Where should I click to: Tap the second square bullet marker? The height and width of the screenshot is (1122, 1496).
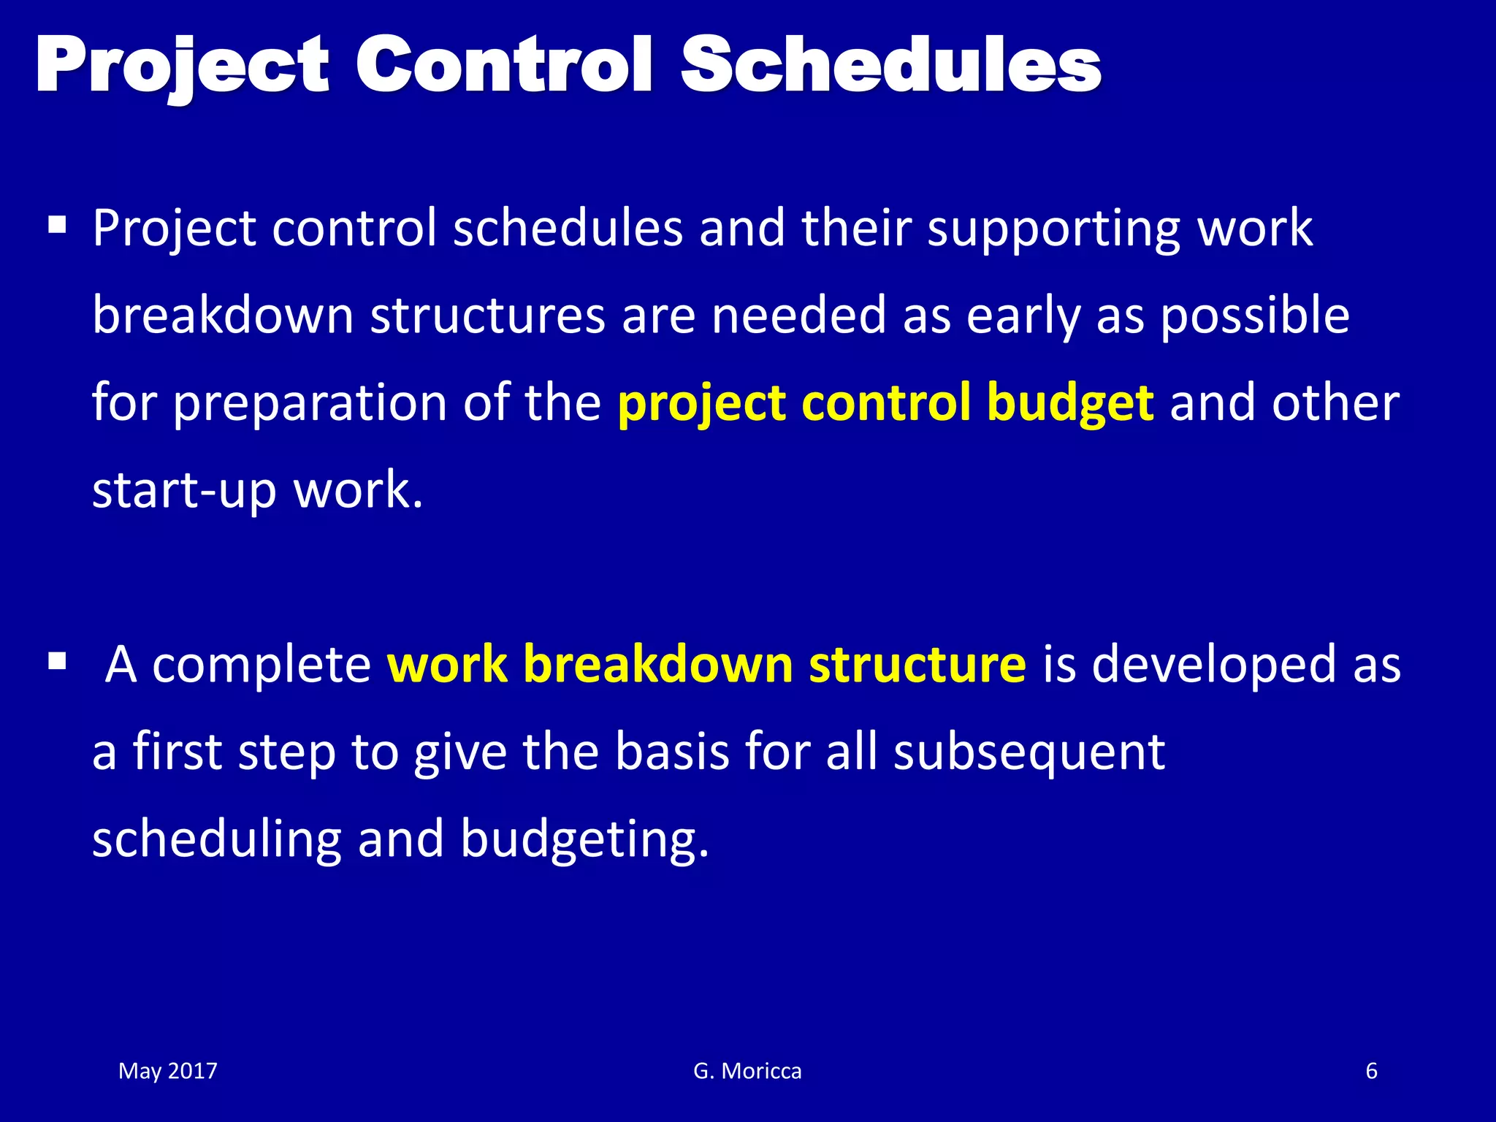pyautogui.click(x=57, y=662)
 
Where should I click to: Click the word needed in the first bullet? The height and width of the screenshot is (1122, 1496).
pyautogui.click(x=798, y=316)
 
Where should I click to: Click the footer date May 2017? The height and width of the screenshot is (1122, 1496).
pyautogui.click(x=168, y=1071)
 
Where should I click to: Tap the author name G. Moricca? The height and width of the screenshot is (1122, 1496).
pyautogui.click(x=747, y=1071)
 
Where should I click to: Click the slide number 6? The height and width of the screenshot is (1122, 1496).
pyautogui.click(x=1371, y=1071)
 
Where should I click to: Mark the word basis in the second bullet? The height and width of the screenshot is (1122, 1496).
pyautogui.click(x=671, y=752)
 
